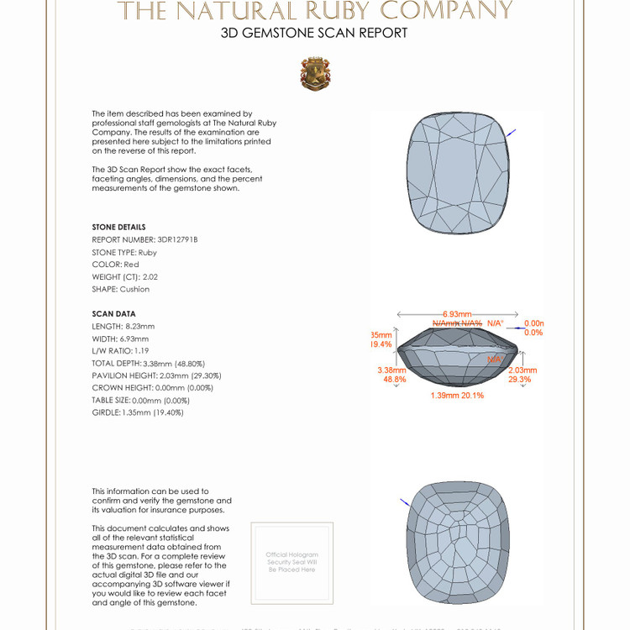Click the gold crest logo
tap(315, 74)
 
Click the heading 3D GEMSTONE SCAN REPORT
tap(314, 34)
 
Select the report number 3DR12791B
tap(145, 239)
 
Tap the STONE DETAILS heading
tap(118, 227)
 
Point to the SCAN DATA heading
tap(113, 313)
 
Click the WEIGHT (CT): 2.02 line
tap(125, 276)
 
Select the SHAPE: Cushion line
tap(121, 289)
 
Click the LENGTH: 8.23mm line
tap(123, 326)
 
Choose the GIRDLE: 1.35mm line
tap(138, 412)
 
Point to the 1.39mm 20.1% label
tap(457, 395)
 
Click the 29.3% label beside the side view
tap(519, 380)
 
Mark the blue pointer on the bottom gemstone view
tap(405, 502)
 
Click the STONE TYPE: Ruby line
tap(124, 252)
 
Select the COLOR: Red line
tap(116, 265)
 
